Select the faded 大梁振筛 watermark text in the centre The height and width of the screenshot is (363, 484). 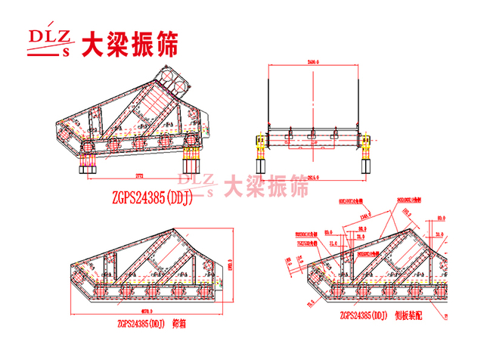(x=267, y=185)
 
